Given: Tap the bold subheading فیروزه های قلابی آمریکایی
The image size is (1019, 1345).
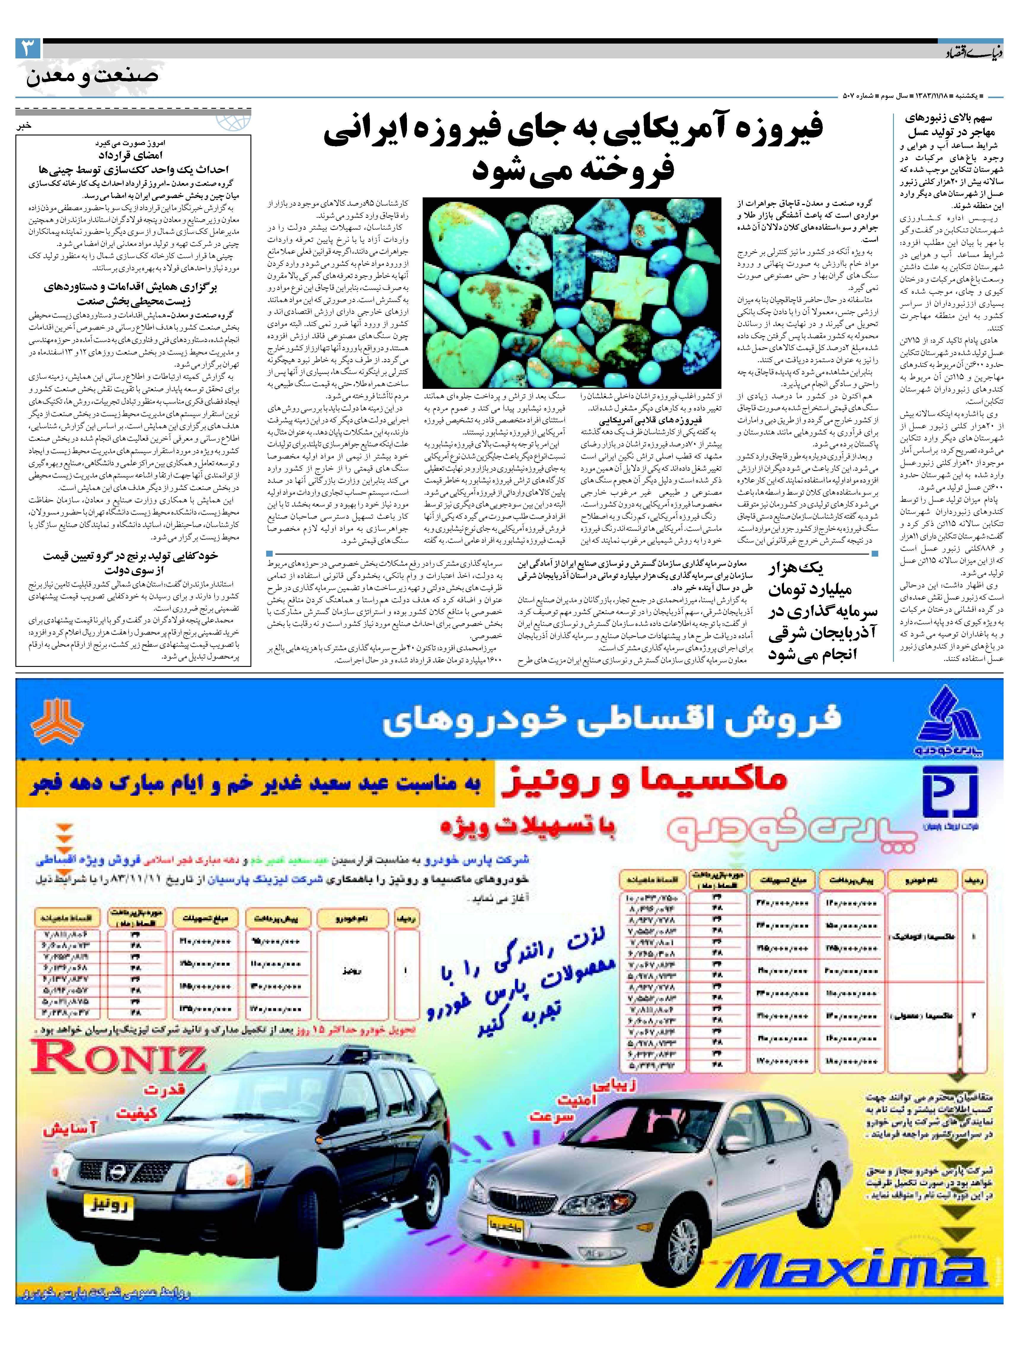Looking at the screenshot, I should click(651, 420).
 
